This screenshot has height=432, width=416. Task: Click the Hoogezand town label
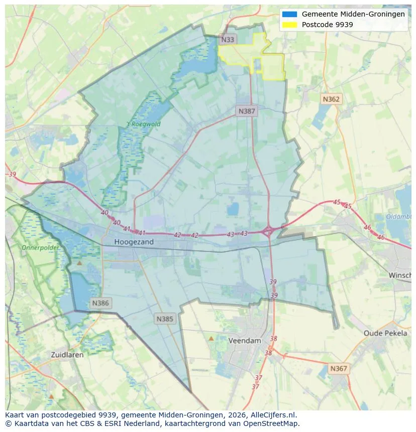tap(134, 242)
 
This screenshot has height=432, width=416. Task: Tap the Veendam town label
tap(245, 341)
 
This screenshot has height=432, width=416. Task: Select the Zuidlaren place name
tap(67, 354)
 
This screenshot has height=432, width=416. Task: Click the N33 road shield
tap(228, 39)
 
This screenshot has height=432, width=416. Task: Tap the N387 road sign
tap(247, 111)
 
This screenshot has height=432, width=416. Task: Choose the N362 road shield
tap(331, 99)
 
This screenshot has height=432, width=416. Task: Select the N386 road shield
tap(100, 303)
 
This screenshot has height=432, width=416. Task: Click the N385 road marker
tap(165, 319)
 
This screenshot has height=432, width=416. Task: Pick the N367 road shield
tap(339, 369)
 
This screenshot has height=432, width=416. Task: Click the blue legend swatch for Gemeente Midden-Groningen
tap(290, 15)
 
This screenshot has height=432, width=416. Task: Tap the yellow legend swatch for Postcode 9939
tap(290, 25)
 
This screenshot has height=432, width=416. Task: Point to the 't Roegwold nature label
tap(143, 124)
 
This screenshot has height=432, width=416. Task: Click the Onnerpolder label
tap(40, 248)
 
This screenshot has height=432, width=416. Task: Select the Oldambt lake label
tap(399, 217)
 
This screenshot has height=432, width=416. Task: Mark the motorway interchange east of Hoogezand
tap(268, 231)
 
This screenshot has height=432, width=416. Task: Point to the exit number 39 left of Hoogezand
tap(13, 174)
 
